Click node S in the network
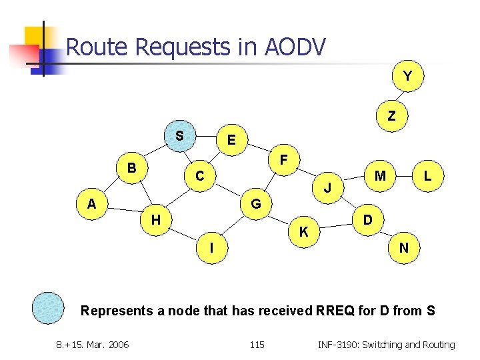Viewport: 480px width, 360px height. click(x=179, y=136)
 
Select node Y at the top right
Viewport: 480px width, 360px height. click(x=407, y=77)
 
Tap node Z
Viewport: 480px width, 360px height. click(x=391, y=116)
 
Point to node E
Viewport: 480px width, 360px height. click(x=231, y=140)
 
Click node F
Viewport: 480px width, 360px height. click(x=283, y=161)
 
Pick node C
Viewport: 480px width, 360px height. click(x=199, y=176)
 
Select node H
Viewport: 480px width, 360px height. click(x=155, y=219)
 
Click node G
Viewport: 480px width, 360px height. click(x=255, y=203)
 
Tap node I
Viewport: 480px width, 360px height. click(x=211, y=248)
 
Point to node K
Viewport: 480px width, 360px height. click(x=303, y=232)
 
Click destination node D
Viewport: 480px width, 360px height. click(x=367, y=219)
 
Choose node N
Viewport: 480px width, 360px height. click(x=403, y=248)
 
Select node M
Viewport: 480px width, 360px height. click(x=381, y=176)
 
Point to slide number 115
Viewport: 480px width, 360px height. click(x=257, y=345)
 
